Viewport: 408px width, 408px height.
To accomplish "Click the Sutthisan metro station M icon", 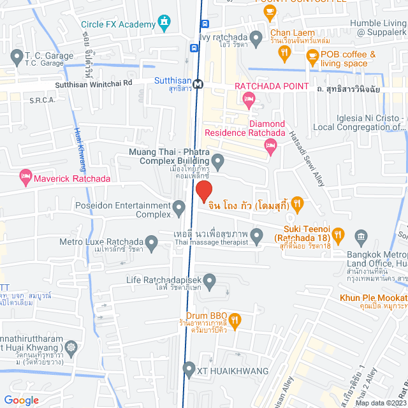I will pyautogui.click(x=198, y=83).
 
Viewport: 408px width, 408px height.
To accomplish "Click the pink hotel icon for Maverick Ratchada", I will pyautogui.click(x=25, y=175).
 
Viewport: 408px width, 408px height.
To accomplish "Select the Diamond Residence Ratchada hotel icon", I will pyautogui.click(x=271, y=147).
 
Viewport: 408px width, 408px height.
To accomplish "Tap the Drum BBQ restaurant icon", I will pyautogui.click(x=235, y=319).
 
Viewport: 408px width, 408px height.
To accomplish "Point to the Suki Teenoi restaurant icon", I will pyautogui.click(x=338, y=235).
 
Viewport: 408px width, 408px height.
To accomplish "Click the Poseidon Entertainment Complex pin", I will pyautogui.click(x=179, y=206).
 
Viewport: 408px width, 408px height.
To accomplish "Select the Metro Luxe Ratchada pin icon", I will pyautogui.click(x=151, y=242).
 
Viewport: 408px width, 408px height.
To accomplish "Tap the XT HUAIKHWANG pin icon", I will pyautogui.click(x=188, y=368).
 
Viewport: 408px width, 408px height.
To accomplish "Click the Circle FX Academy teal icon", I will pyautogui.click(x=165, y=25).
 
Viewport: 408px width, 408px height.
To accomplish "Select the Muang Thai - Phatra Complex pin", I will pyautogui.click(x=217, y=163).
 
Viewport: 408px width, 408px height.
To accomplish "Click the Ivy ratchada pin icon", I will pyautogui.click(x=256, y=40).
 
